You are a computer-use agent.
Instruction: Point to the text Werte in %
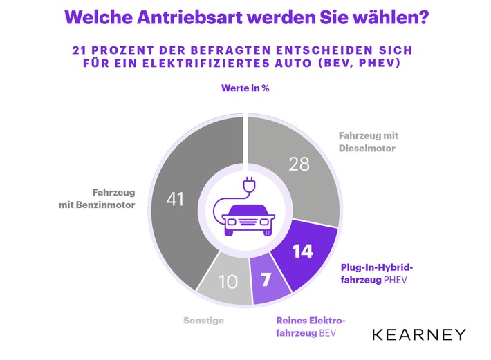click(x=245, y=88)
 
